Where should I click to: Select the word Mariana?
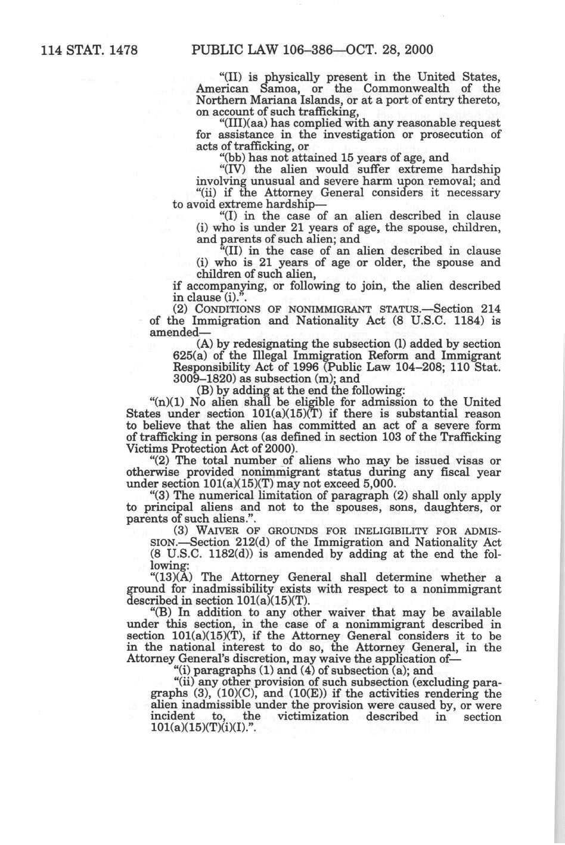tap(262, 99)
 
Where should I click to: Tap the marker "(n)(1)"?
tap(163, 402)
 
